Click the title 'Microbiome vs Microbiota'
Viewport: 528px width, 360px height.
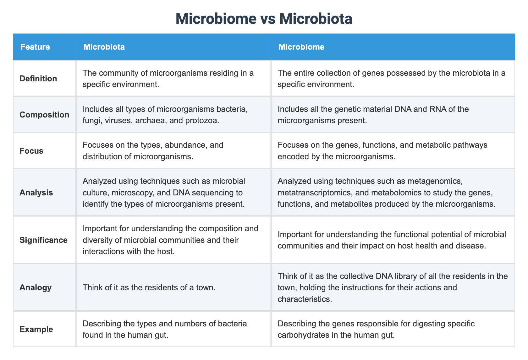click(x=264, y=19)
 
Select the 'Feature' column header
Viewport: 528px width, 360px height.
click(x=35, y=47)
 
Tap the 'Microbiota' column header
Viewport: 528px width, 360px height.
click(x=104, y=47)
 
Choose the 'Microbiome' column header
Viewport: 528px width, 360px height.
click(x=301, y=47)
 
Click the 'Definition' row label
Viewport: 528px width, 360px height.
click(x=38, y=79)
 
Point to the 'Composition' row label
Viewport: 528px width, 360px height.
click(x=44, y=115)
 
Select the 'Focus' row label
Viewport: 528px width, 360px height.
click(x=31, y=151)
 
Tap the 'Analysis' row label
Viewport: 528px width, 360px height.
click(x=36, y=193)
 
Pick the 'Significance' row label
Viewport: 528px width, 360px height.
click(x=43, y=240)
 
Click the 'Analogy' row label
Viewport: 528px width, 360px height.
click(x=36, y=287)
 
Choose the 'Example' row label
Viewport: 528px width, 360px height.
click(x=36, y=329)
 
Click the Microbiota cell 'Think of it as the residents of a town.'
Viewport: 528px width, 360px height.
click(x=149, y=287)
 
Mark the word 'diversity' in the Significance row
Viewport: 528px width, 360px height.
click(x=99, y=240)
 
